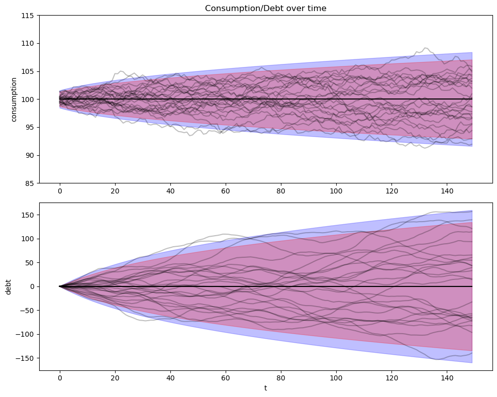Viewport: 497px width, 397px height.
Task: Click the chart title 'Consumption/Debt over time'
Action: click(x=265, y=8)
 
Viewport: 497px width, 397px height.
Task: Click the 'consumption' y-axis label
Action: click(x=14, y=99)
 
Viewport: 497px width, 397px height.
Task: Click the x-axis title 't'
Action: click(x=265, y=388)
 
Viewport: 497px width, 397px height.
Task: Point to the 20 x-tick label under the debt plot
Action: click(x=115, y=378)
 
